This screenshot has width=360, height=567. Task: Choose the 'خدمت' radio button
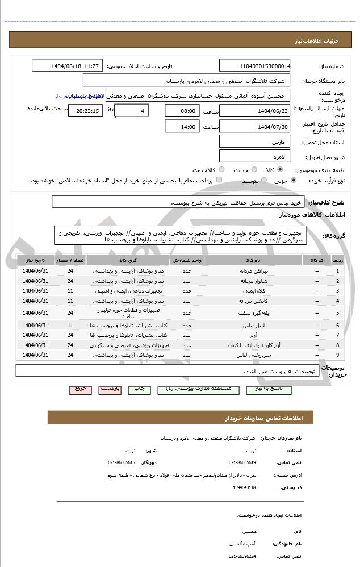(254, 170)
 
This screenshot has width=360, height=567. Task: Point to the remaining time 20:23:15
(85, 111)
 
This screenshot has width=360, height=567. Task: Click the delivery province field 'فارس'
(254, 141)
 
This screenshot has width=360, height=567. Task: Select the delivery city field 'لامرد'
(254, 155)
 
